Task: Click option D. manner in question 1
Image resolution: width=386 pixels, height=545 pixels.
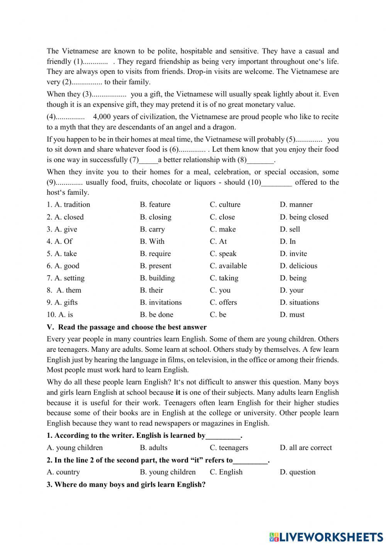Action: tap(296, 204)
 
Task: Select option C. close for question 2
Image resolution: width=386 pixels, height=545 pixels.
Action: tap(222, 217)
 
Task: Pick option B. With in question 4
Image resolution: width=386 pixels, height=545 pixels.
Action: tap(152, 241)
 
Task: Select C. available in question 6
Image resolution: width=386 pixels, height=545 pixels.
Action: tap(228, 266)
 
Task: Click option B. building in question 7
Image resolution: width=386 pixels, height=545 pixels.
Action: tap(157, 278)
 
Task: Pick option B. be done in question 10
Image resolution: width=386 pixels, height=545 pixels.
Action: tap(156, 314)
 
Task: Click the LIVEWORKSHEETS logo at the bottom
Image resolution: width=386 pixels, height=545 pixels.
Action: tap(326, 536)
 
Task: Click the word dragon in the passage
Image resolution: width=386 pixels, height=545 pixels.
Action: tap(225, 127)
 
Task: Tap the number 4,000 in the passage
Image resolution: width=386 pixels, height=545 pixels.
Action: tap(102, 116)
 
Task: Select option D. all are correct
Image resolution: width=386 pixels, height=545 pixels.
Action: tap(306, 447)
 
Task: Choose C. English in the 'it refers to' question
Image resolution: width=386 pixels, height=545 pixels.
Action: tap(226, 472)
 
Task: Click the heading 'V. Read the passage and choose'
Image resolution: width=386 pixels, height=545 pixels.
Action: tap(127, 327)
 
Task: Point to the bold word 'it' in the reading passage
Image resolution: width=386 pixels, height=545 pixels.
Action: tap(178, 393)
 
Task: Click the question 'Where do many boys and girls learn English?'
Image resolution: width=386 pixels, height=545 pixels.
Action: tap(126, 484)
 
